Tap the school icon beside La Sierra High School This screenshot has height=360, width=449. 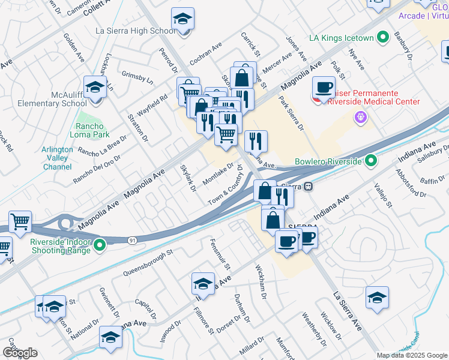182,18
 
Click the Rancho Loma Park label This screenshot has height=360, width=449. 89,131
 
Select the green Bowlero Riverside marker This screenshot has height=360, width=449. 371,161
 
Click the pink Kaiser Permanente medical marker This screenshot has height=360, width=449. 360,118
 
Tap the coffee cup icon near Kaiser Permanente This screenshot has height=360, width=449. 324,88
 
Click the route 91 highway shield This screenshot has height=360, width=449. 131,240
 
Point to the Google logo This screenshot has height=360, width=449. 20,353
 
